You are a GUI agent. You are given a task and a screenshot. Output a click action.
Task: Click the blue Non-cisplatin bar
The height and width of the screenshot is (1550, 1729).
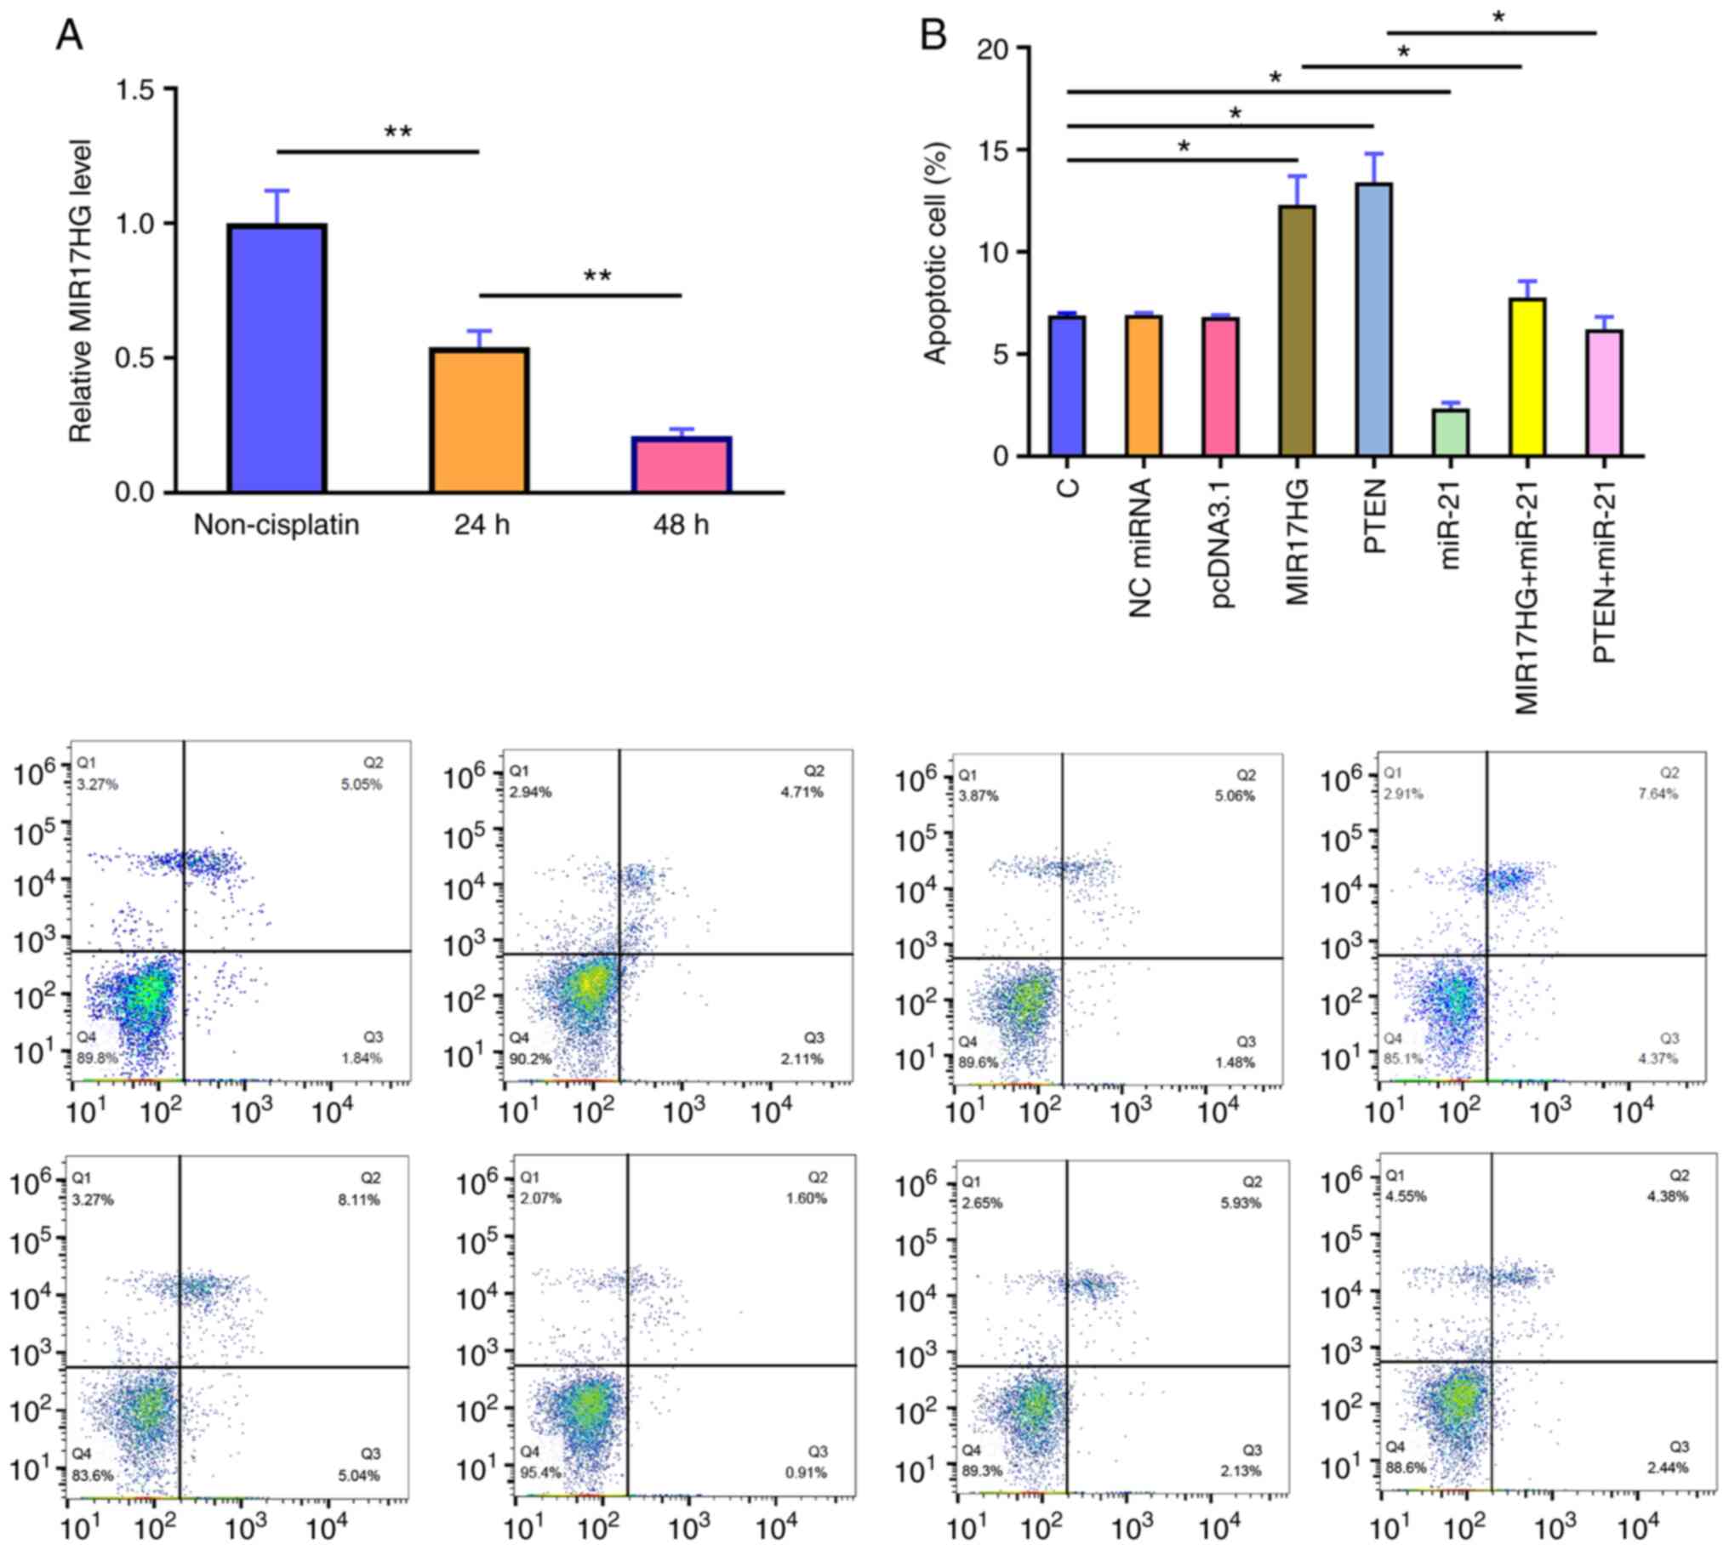point(277,357)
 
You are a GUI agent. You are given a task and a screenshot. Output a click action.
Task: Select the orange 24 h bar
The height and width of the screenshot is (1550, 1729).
point(481,420)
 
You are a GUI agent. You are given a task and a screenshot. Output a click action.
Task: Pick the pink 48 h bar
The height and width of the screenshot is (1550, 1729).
point(682,464)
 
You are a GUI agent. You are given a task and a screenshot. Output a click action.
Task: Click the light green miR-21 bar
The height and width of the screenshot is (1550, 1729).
point(1450,433)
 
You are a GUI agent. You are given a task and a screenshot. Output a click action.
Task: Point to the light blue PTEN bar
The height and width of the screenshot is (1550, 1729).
point(1373,319)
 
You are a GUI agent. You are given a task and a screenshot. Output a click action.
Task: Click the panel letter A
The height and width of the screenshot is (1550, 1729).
point(70,36)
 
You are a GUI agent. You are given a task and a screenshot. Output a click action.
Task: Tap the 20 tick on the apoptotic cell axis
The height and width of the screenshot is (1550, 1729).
point(992,48)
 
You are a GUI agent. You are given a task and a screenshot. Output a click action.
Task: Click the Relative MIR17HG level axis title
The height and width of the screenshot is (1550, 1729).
point(81,290)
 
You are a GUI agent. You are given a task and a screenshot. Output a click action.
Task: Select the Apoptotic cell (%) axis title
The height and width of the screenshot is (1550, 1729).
point(936,252)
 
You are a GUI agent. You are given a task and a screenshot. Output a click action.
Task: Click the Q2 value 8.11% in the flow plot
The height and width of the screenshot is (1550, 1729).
point(358,1201)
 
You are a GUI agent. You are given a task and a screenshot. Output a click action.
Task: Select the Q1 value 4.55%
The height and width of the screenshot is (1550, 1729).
point(1410,1197)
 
